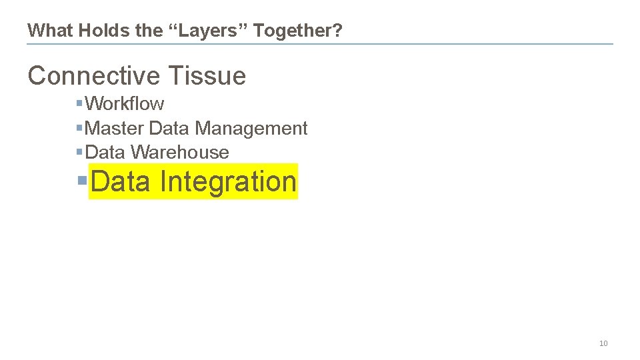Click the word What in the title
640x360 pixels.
pos(51,30)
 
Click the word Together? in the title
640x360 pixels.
pos(298,30)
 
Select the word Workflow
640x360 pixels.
pos(125,104)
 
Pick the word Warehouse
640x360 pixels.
pos(180,152)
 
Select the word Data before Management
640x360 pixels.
pos(169,128)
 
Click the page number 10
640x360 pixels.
pos(603,343)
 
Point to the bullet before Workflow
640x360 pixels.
pos(79,103)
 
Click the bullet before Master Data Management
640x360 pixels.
pos(79,127)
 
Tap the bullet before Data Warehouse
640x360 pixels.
pos(79,151)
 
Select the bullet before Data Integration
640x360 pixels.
pos(82,181)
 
